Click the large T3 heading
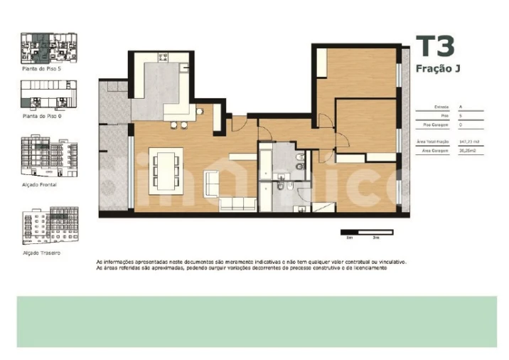click(434, 47)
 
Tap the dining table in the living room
click(165, 170)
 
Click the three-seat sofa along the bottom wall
click(237, 204)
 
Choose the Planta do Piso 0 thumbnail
click(49, 93)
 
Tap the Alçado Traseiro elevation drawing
click(49, 226)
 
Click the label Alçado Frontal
click(40, 184)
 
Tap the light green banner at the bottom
click(256, 322)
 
